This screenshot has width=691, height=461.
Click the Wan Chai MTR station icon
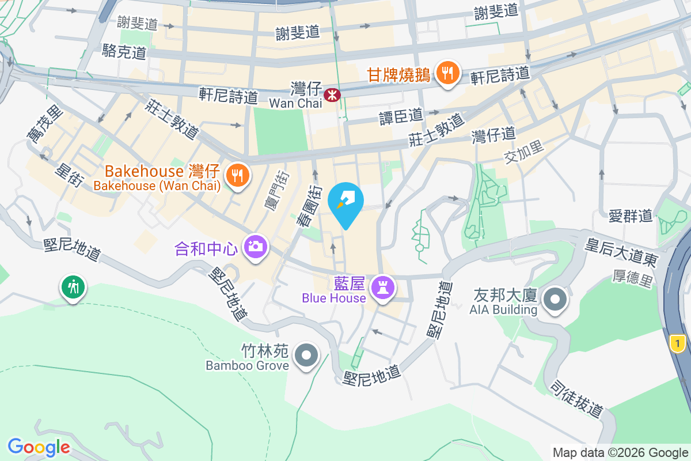(x=332, y=95)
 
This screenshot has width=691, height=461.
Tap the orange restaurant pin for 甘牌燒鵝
(x=447, y=74)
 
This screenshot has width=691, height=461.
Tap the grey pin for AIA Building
(x=555, y=300)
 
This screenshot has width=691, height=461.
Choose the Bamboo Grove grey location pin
(x=306, y=355)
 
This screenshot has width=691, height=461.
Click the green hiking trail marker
(x=73, y=286)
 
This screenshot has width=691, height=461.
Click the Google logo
(x=39, y=447)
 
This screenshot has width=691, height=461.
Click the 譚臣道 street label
(x=400, y=116)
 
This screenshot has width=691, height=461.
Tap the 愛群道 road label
(x=631, y=216)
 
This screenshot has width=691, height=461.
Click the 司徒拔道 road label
(x=576, y=398)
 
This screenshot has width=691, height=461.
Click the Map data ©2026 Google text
(x=620, y=453)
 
